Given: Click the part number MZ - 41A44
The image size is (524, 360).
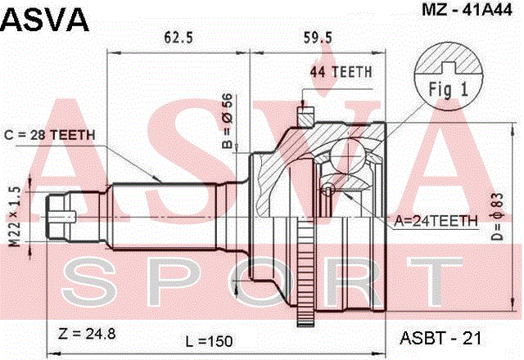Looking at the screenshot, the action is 467,10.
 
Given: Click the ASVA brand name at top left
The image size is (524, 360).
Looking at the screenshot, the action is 46,20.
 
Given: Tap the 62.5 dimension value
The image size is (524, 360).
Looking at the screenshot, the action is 178,38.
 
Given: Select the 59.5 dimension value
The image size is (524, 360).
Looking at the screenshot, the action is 318,38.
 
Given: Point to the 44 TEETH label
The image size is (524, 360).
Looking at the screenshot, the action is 341,72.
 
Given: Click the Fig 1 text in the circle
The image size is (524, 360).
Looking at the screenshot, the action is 448,89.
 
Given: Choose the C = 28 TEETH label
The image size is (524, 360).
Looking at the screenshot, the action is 50,135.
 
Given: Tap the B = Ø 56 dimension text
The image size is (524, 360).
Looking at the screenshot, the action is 228,120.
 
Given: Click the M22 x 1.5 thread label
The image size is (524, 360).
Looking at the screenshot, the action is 15,216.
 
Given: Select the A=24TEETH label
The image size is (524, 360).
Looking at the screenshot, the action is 436,221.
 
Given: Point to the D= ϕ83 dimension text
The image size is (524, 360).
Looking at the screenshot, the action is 497,216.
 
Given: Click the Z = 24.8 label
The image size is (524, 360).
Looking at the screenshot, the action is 87,333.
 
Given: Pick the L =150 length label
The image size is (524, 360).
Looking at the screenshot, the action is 210,341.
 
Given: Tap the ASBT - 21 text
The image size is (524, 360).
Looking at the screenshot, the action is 440,338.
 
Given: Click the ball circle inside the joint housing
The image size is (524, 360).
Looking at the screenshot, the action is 347,156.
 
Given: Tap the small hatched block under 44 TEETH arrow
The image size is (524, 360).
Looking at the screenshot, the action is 305,116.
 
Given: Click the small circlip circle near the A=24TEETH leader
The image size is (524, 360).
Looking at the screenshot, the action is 327,191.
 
